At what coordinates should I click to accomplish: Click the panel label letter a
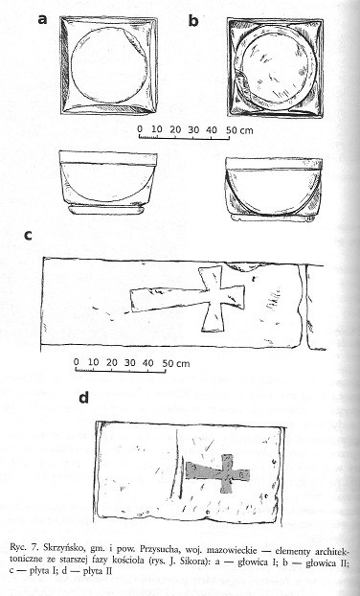42,19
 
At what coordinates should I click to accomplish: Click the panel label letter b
193,20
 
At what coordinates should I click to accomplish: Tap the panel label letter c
28,236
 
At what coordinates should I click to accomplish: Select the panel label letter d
83,398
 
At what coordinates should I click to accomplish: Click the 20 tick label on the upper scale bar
175,129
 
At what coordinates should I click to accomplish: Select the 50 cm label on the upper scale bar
239,130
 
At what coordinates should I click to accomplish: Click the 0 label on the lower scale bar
77,361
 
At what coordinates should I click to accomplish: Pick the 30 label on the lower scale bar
130,362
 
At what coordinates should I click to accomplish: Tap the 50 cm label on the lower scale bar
176,363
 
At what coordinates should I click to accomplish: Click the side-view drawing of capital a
108,182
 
